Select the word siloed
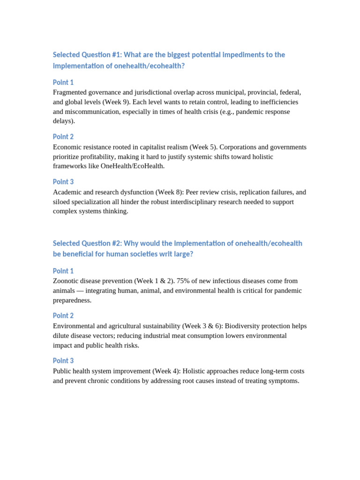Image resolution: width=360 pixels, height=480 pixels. coord(63,202)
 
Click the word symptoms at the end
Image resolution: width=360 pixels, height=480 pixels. coord(283,381)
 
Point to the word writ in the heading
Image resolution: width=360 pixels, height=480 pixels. coord(163,254)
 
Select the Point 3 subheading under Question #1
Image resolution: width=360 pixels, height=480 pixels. coord(63,182)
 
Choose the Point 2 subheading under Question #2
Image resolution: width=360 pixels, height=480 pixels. coord(63,316)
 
